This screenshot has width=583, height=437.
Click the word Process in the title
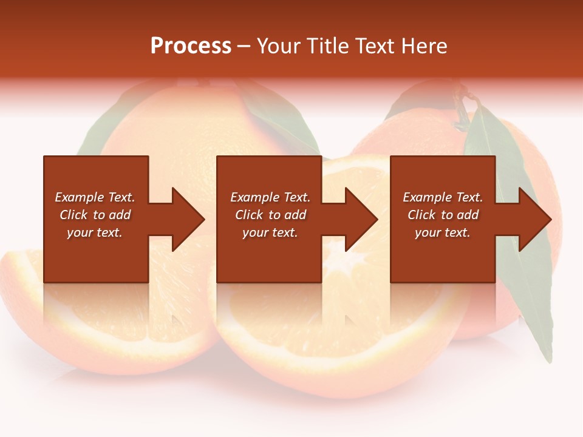(x=191, y=46)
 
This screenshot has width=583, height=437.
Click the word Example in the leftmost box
(x=78, y=197)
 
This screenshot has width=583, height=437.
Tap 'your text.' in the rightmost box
(x=442, y=232)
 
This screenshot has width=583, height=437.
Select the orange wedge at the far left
(x=24, y=291)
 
